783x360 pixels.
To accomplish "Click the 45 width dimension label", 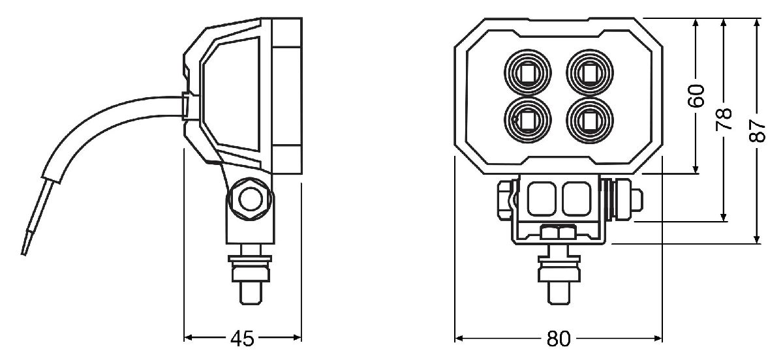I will click(x=242, y=338).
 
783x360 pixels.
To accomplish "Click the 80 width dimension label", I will click(x=559, y=338).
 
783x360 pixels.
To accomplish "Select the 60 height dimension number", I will click(x=697, y=96).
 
